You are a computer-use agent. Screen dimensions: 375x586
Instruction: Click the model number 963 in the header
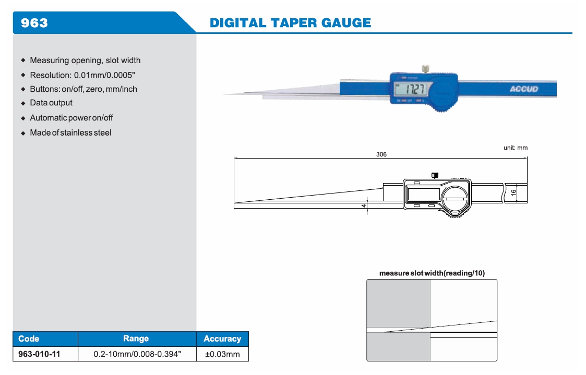[x=34, y=22]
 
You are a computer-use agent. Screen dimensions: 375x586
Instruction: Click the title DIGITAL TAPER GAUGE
[x=290, y=22]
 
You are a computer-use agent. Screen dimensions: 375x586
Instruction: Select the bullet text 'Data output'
[x=51, y=103]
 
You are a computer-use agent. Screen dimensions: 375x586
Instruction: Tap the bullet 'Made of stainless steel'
[x=70, y=132]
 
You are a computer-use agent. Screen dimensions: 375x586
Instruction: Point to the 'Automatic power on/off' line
[x=71, y=118]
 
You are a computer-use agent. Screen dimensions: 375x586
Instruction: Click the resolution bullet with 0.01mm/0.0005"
[x=82, y=75]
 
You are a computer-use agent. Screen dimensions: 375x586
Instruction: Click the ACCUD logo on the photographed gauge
[x=523, y=89]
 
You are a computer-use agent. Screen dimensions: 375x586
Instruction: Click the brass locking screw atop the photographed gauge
[x=426, y=68]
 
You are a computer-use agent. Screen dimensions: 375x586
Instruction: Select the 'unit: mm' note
[x=515, y=148]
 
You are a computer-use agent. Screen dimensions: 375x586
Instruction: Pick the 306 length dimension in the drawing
[x=381, y=154]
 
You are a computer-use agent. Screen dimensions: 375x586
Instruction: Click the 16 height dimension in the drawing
[x=513, y=192]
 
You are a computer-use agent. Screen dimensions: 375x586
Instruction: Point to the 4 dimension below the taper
[x=363, y=207]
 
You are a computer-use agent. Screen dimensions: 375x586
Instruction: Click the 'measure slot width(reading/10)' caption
[x=432, y=273]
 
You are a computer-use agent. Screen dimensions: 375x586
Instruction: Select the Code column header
[x=29, y=338]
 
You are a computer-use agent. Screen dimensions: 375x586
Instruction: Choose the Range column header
[x=136, y=338]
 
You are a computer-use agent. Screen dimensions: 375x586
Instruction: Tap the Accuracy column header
[x=222, y=338]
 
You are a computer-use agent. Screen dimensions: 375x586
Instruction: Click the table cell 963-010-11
[x=39, y=354]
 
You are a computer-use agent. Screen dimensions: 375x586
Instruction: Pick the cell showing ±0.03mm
[x=222, y=354]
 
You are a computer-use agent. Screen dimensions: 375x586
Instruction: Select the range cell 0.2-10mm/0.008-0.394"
[x=137, y=354]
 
